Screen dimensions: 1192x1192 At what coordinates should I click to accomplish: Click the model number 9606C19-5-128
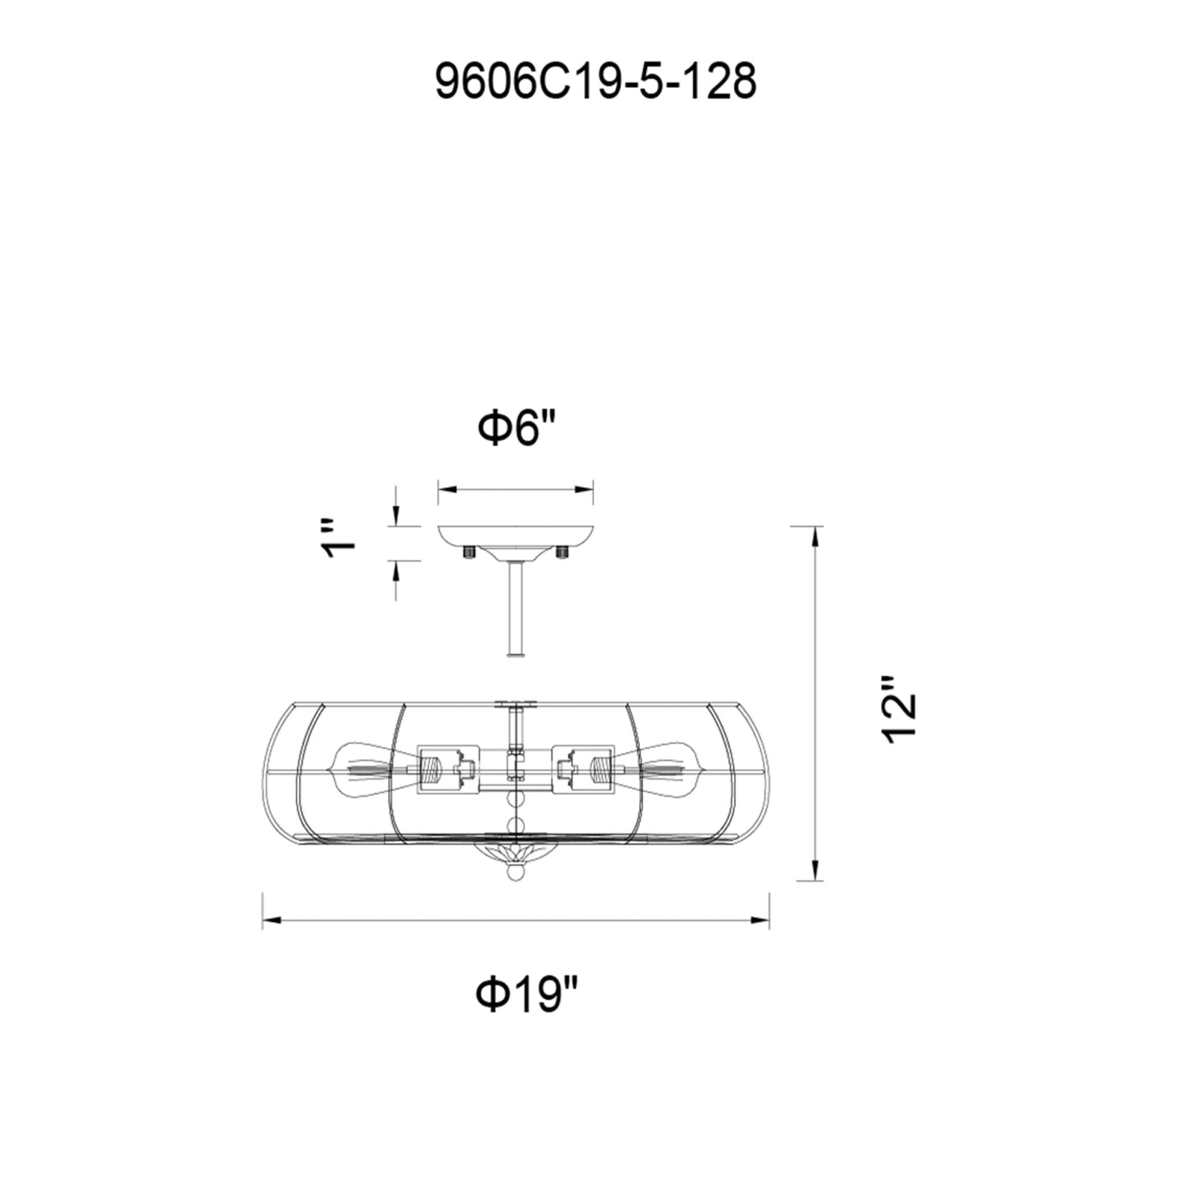tap(595, 83)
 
